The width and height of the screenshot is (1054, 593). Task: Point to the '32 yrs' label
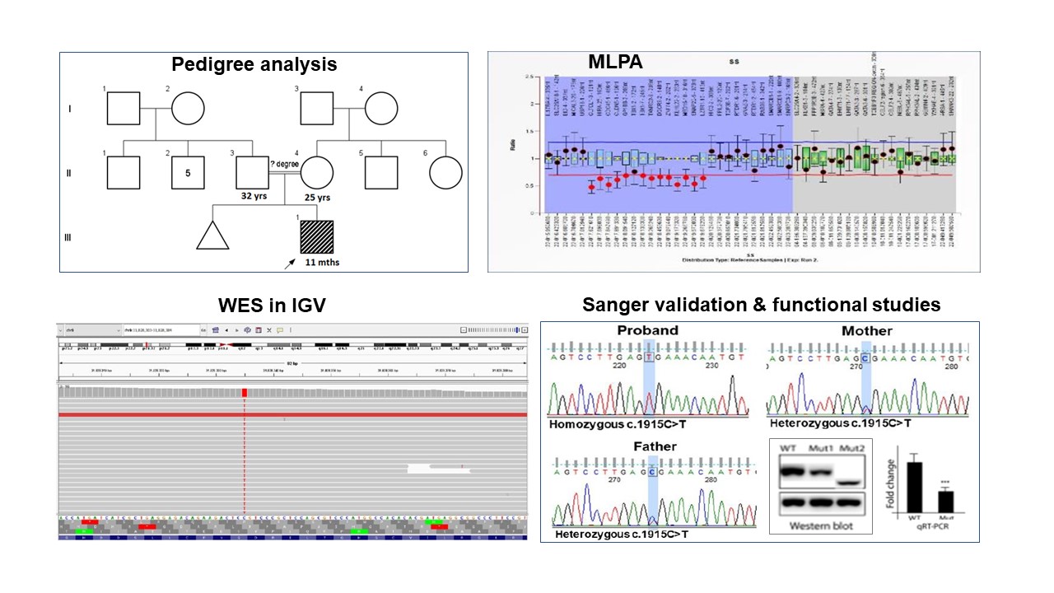(251, 198)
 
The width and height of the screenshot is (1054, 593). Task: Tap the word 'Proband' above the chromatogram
(648, 330)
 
